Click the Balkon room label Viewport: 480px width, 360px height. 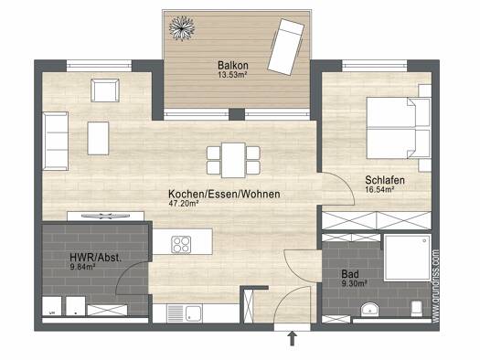233,65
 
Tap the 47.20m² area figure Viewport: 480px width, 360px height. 184,203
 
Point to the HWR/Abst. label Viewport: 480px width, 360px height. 95,258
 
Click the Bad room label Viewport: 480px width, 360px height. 350,274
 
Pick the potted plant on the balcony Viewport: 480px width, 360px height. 182,28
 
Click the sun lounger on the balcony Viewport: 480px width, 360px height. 285,47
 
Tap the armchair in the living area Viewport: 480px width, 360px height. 105,90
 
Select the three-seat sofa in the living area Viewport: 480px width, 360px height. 56,141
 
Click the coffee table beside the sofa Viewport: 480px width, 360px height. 98,138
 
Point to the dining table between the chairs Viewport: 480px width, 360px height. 233,160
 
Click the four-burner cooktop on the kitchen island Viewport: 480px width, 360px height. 181,244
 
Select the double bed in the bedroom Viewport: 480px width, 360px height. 399,128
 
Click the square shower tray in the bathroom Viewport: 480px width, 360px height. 408,258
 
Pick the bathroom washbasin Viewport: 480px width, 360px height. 369,310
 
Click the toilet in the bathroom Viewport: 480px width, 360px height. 417,309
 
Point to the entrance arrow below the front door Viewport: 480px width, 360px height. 293,339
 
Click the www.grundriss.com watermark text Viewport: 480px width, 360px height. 435,286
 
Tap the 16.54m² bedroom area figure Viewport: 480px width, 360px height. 379,190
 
